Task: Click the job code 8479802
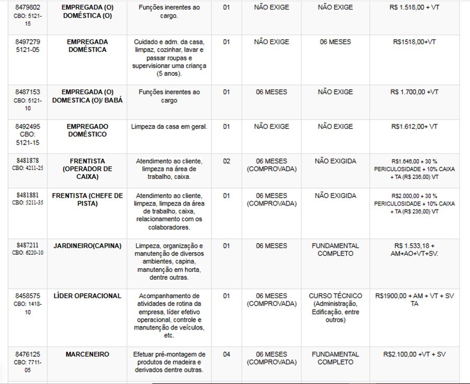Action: pos(28,8)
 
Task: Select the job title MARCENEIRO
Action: pos(87,354)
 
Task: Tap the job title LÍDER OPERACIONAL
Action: pos(87,296)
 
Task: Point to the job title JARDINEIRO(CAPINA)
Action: pos(87,246)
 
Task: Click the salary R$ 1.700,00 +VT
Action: pos(414,92)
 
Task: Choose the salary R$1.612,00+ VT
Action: pos(414,127)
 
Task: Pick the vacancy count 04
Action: pos(226,354)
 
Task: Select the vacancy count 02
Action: pos(226,161)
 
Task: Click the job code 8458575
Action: pos(28,296)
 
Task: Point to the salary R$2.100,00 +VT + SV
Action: pos(414,354)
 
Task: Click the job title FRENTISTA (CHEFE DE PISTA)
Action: pos(87,199)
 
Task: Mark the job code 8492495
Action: pos(28,127)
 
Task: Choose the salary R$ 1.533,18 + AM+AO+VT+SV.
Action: pos(414,250)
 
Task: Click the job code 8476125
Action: pos(28,354)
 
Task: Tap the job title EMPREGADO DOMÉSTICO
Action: pos(87,130)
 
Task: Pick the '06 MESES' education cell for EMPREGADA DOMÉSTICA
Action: pos(335,42)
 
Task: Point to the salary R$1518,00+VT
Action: pos(414,42)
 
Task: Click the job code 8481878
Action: pos(28,161)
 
